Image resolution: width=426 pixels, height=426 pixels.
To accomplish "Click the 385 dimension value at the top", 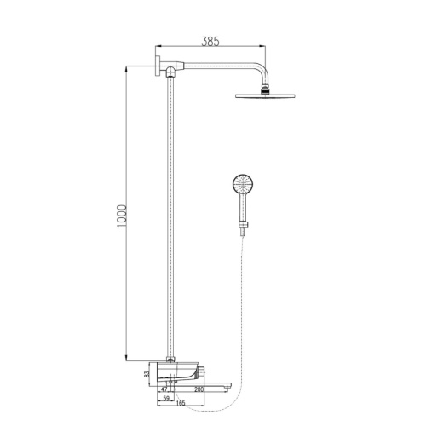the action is [x=210, y=42].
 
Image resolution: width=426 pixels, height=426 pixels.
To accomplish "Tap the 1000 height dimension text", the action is [x=121, y=216].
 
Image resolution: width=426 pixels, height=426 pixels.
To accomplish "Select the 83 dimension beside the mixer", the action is [x=147, y=375].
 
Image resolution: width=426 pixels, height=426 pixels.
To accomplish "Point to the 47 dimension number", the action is [x=164, y=389].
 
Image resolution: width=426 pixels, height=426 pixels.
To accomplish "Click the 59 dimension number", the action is [x=166, y=399].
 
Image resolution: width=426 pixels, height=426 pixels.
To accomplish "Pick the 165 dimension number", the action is [x=181, y=403].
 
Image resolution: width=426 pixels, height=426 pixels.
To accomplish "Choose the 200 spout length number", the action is [x=199, y=389].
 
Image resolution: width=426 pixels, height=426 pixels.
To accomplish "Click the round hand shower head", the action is [x=243, y=184].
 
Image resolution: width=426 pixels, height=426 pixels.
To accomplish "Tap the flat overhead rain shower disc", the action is [x=265, y=95].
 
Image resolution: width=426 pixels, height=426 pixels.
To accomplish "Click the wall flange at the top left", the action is [x=158, y=66].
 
